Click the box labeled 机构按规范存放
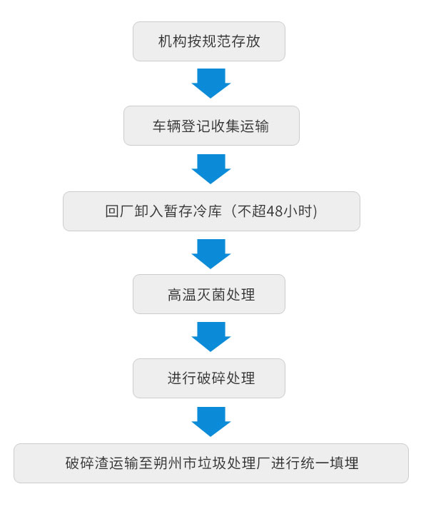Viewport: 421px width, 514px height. coord(208,41)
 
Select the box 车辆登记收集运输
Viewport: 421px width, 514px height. coord(211,126)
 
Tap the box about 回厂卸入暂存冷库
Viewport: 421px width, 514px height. coord(211,211)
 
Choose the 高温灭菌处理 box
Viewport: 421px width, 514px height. coord(208,294)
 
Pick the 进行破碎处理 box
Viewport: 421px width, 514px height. coord(208,378)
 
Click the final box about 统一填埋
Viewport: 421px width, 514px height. coord(211,463)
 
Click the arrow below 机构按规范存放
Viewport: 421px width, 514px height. coord(211,84)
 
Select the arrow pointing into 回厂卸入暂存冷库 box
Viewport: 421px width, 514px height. coord(211,168)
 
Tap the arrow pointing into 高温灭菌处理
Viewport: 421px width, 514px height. coord(211,254)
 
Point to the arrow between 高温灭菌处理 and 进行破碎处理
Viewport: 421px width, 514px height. coord(211,337)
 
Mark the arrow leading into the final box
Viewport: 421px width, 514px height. coord(211,422)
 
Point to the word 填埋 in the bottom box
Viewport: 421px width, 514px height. coord(344,463)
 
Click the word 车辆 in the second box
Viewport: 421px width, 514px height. coord(167,126)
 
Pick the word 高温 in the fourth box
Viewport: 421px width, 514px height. coord(182,294)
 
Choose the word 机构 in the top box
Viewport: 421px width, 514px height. coord(173,41)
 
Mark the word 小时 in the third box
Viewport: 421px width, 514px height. coord(297,211)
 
